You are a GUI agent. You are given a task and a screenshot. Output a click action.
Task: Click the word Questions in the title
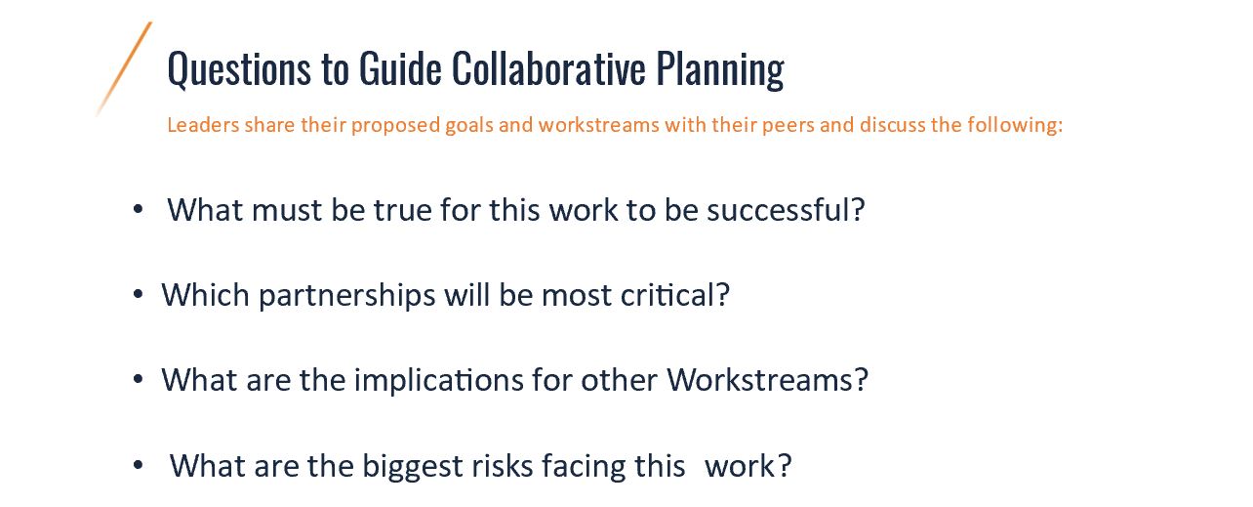click(239, 69)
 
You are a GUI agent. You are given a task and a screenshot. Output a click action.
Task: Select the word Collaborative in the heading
click(548, 68)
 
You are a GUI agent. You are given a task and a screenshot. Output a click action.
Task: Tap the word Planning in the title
click(720, 70)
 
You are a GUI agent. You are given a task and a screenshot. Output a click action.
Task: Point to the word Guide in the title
click(400, 68)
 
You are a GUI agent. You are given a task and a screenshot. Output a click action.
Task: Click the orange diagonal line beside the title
click(124, 69)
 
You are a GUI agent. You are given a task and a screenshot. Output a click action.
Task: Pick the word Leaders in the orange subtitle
click(204, 124)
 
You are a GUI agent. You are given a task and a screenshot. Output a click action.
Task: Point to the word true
click(403, 210)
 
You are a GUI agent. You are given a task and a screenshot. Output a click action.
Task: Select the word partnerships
click(346, 296)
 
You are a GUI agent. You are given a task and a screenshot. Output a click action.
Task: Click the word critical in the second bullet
click(667, 295)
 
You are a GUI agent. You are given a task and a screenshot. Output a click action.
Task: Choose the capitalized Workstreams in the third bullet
click(759, 380)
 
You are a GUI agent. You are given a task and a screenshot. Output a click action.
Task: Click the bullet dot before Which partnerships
click(139, 295)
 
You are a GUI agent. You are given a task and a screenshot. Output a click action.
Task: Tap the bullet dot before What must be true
click(139, 209)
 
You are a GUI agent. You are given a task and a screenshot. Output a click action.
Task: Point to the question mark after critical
click(723, 295)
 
